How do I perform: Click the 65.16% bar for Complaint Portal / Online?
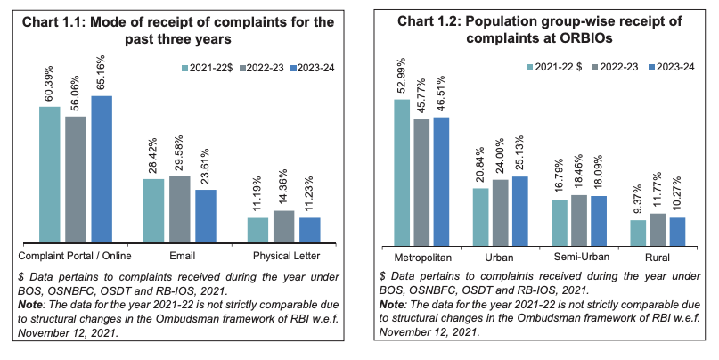(102, 169)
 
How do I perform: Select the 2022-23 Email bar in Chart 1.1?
(180, 209)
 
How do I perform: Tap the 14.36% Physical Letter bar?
(284, 226)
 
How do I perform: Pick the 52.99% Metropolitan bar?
(402, 173)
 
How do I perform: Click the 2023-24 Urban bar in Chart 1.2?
(520, 211)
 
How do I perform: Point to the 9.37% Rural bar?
(638, 233)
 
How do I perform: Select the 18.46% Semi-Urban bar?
(579, 221)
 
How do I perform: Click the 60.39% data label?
(49, 83)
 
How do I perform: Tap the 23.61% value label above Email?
(205, 166)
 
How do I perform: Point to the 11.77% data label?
(658, 190)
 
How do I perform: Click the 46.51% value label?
(441, 94)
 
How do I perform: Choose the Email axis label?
(182, 256)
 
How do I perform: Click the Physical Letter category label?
(287, 256)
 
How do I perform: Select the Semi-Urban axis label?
(582, 257)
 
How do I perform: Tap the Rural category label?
(658, 258)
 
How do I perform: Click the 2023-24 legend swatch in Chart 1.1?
(293, 69)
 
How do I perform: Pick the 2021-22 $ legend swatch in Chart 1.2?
(529, 67)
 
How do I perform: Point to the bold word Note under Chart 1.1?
(30, 305)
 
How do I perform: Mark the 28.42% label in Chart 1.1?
(152, 155)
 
